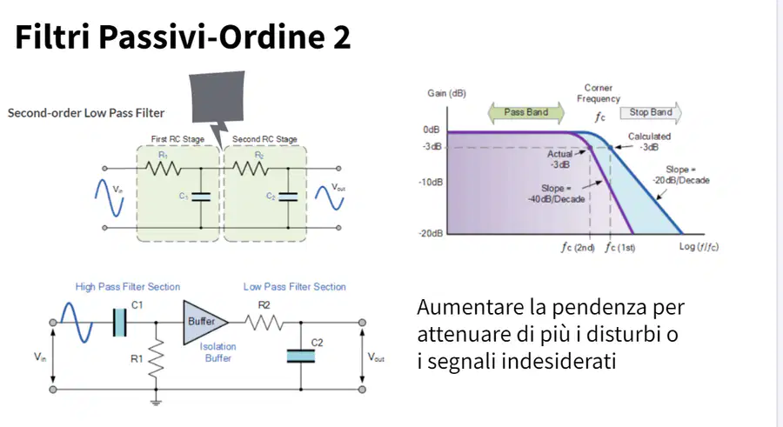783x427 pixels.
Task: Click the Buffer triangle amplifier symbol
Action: tap(204, 322)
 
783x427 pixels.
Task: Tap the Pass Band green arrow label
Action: tap(525, 112)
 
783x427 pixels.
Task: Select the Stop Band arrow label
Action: tap(651, 112)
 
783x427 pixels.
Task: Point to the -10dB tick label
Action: tap(431, 183)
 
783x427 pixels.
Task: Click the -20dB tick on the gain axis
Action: tap(431, 233)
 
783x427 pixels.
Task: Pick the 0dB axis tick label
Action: tap(432, 130)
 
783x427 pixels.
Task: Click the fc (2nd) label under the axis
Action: tap(578, 247)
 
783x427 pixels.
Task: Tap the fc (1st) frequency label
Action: tap(619, 247)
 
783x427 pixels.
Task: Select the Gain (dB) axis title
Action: tap(446, 93)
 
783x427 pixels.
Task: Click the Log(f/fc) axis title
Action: tap(699, 247)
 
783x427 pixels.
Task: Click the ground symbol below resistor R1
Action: tap(157, 402)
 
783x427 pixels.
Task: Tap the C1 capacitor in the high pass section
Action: tap(120, 322)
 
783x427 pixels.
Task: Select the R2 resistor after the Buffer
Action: tap(264, 324)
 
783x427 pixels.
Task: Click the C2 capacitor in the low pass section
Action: tap(301, 356)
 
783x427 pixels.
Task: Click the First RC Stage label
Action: tap(177, 139)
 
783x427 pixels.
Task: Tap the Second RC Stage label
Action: tap(264, 139)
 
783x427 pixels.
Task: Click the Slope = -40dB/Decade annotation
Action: tap(556, 194)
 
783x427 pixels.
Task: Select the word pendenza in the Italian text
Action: tap(599, 307)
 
